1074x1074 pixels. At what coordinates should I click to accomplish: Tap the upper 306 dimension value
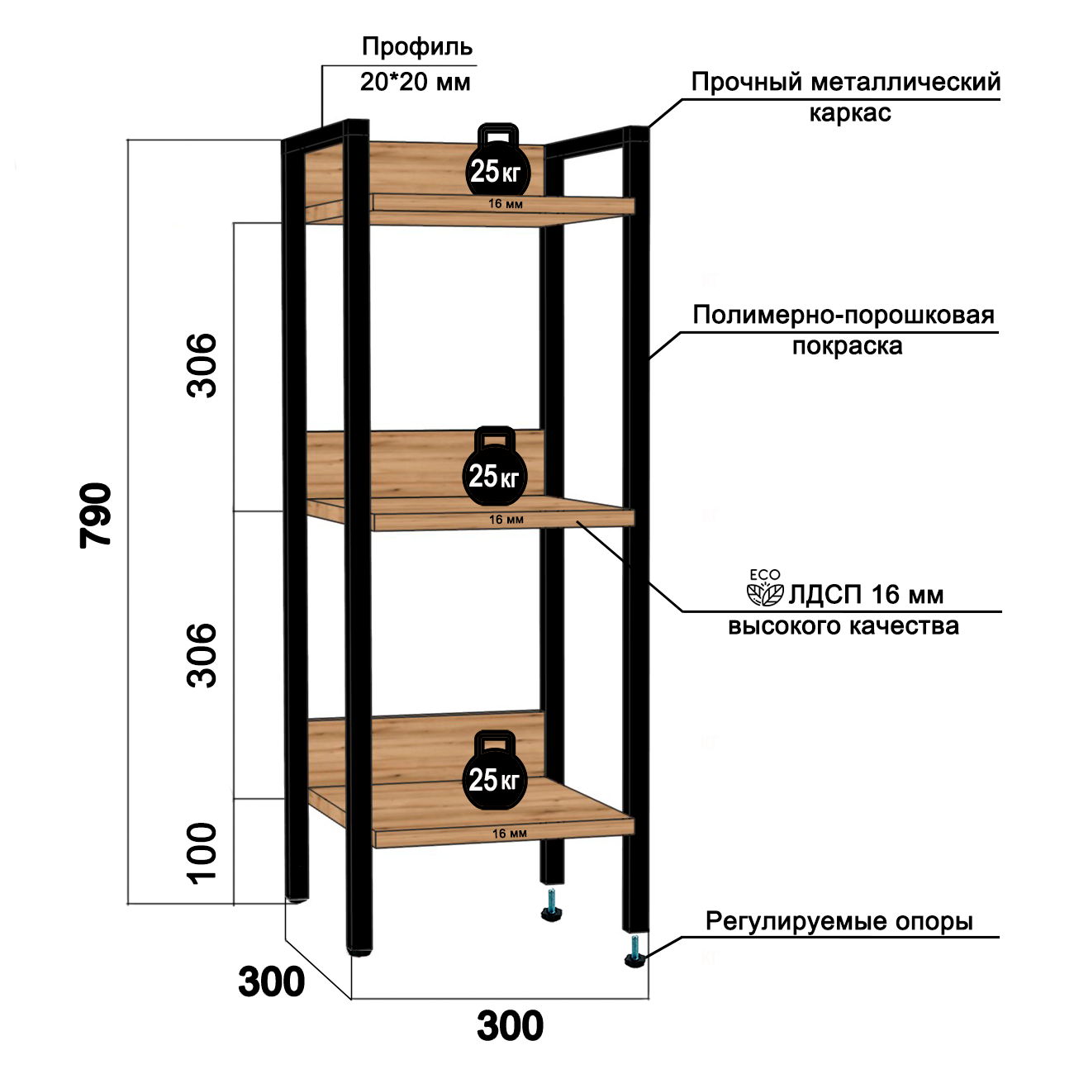pos(202,365)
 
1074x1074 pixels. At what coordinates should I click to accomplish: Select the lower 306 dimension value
pos(202,654)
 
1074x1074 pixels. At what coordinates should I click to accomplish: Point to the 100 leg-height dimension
pos(202,853)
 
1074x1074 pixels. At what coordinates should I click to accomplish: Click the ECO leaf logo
pos(764,588)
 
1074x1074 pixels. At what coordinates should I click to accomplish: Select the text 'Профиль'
pos(417,47)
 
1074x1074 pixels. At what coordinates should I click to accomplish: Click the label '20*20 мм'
pos(416,82)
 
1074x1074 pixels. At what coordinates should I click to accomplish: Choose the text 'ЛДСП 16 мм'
pos(866,595)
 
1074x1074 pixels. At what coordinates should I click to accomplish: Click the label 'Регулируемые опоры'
pos(839,920)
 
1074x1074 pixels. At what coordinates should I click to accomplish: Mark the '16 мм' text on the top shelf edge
pos(506,204)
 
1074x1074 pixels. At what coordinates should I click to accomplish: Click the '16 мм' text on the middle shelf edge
pos(506,520)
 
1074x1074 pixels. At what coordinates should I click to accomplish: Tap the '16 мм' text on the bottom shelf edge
pos(509,834)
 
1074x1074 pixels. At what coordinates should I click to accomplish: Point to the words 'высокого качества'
pos(843,626)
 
